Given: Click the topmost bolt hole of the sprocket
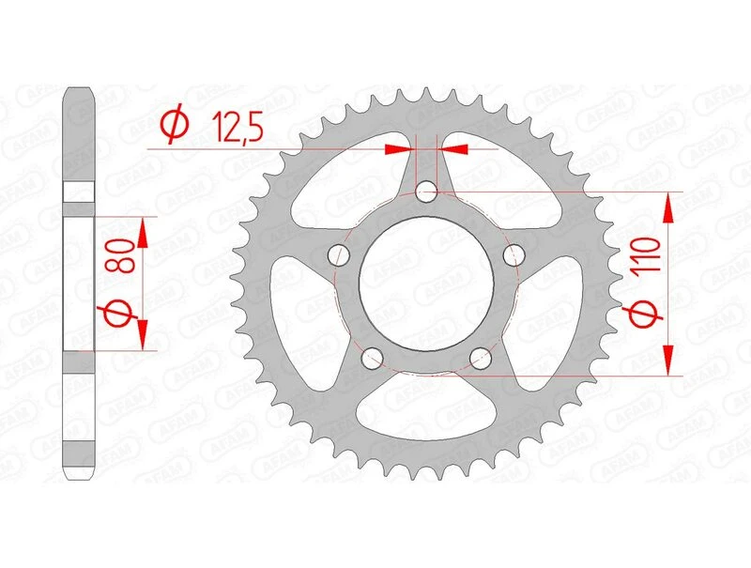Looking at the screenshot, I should [x=427, y=192].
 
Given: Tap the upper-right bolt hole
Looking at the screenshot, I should [x=513, y=254].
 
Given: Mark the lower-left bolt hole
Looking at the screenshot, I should [x=373, y=357].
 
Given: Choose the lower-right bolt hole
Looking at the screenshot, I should [x=481, y=357].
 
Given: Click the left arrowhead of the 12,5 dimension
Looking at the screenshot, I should [x=399, y=147].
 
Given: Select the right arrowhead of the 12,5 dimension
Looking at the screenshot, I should [x=456, y=147].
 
